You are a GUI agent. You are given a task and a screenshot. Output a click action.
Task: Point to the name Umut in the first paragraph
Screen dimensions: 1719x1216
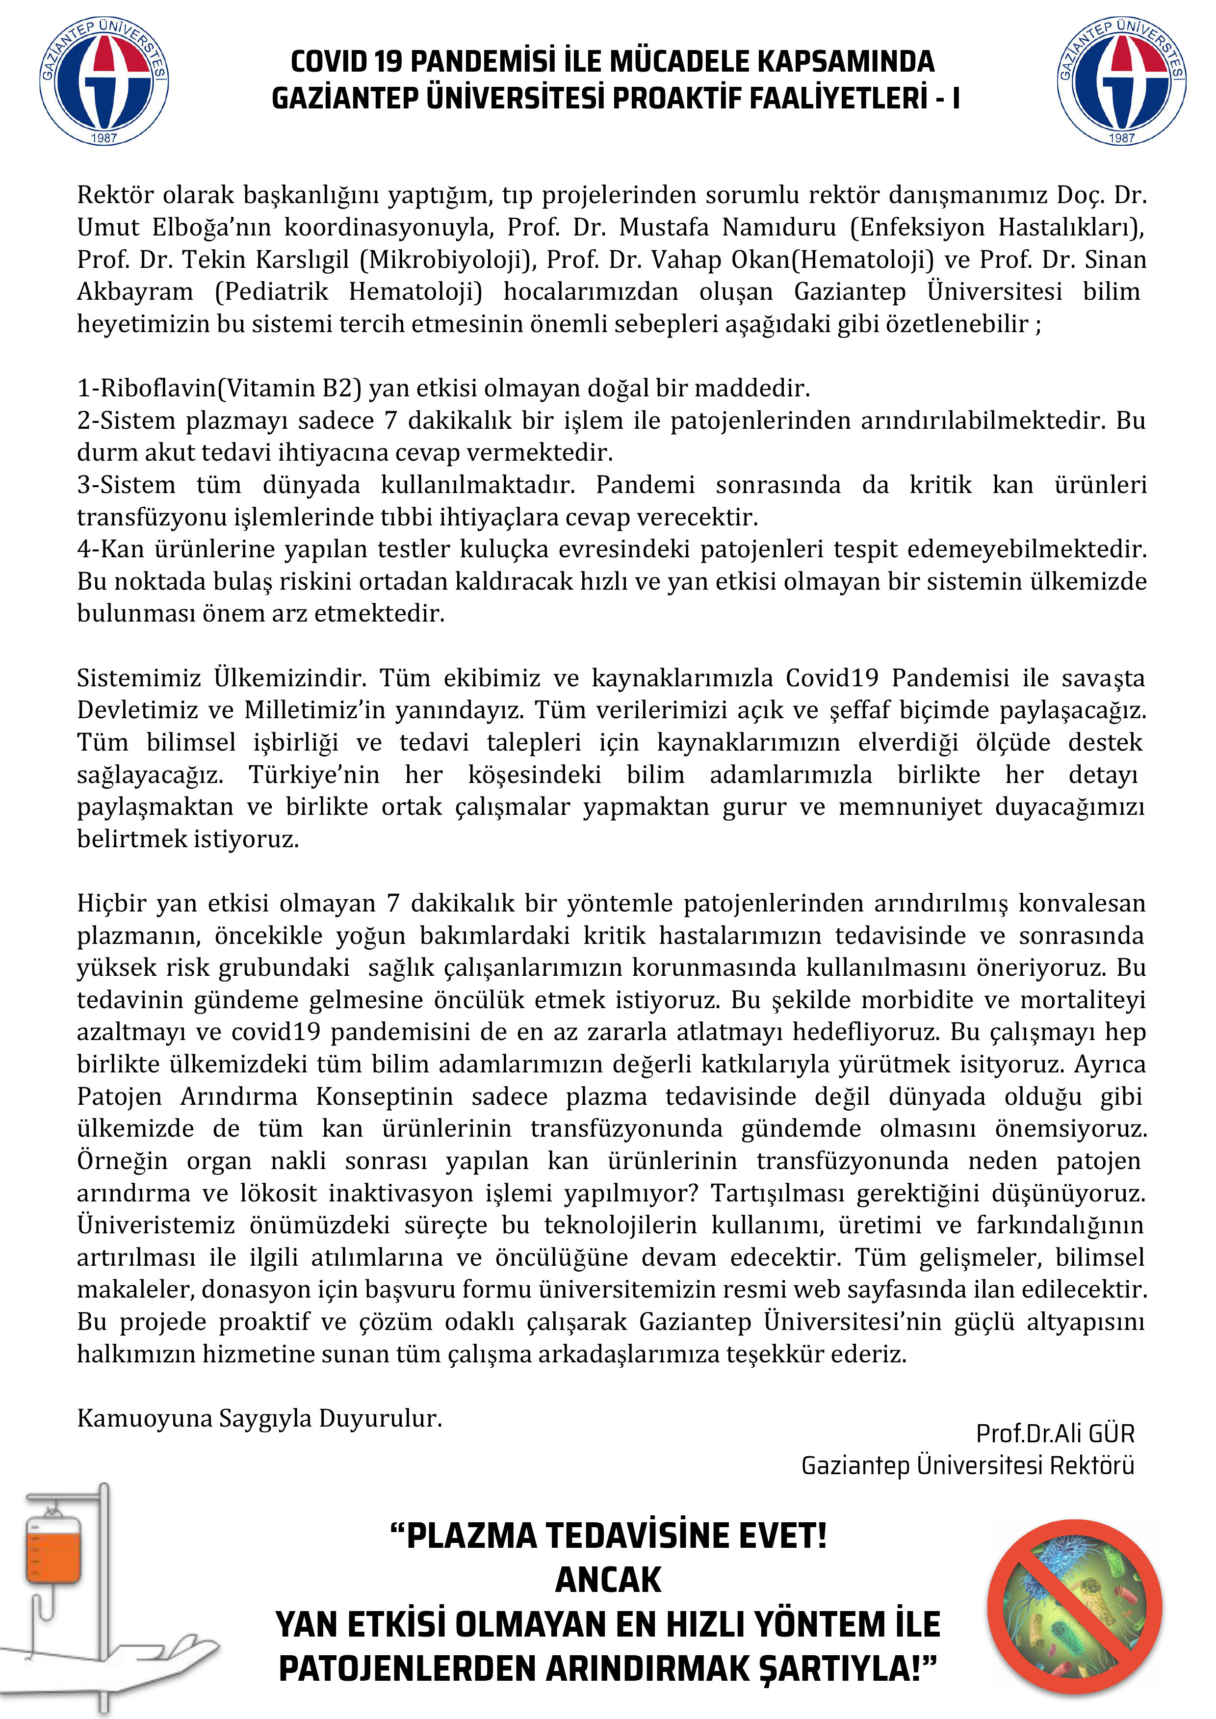108,227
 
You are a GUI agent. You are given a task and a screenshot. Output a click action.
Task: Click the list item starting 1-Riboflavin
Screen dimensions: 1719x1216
443,388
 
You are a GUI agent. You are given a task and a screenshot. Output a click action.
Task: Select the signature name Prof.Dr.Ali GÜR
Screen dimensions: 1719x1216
1055,1433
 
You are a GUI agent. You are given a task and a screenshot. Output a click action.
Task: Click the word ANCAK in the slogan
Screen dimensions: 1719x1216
608,1580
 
